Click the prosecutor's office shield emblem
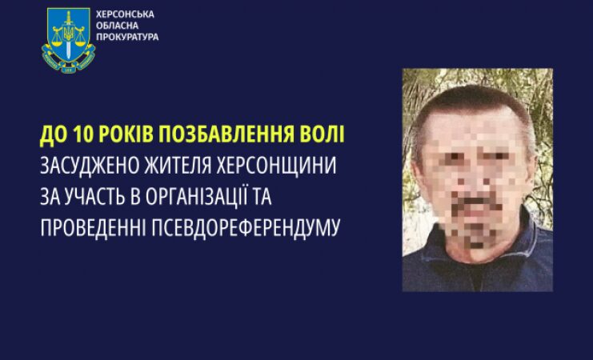[x=69, y=40]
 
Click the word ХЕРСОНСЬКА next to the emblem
[x=125, y=14]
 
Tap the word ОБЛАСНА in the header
[x=117, y=26]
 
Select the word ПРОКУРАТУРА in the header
[x=127, y=37]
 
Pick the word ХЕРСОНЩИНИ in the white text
[x=276, y=166]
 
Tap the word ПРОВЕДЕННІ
[x=93, y=228]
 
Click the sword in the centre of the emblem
[x=69, y=35]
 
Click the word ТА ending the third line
[x=262, y=197]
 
